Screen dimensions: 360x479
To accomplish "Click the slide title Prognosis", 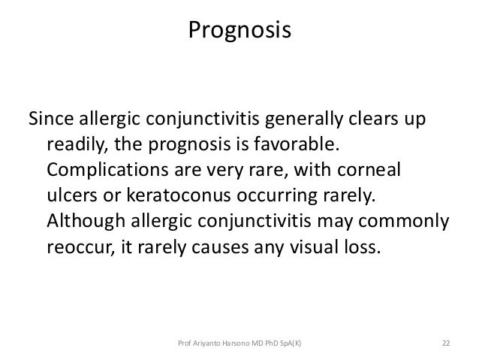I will click(x=239, y=32).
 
